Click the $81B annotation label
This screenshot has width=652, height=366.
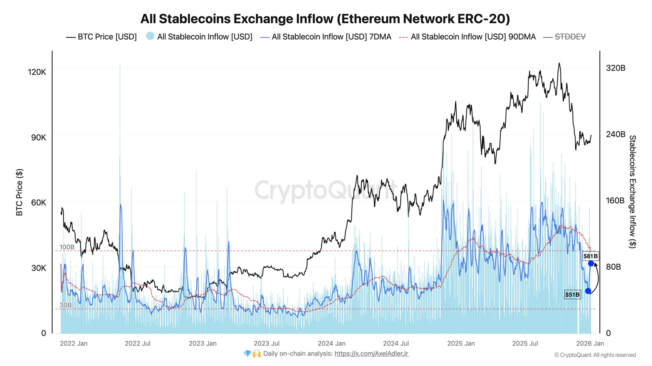tap(590, 256)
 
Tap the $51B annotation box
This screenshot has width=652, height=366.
tap(573, 295)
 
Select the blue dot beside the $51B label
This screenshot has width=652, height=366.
tap(588, 291)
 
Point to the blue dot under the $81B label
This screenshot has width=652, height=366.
tap(591, 264)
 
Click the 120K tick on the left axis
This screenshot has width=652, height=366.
tap(37, 72)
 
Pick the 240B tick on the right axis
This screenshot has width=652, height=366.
tap(616, 134)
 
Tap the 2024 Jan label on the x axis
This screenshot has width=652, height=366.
tap(332, 343)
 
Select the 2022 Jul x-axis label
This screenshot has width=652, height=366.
tap(138, 343)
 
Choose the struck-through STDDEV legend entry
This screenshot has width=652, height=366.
tap(570, 37)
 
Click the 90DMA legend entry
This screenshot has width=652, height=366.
tap(473, 37)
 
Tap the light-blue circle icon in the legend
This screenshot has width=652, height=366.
tap(150, 36)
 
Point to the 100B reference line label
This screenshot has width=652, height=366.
tap(67, 247)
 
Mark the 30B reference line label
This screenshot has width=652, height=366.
tap(65, 305)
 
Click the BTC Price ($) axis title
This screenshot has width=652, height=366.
tap(19, 192)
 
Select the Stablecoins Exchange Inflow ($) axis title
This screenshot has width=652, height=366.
tap(632, 192)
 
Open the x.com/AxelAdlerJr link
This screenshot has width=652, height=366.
tap(371, 354)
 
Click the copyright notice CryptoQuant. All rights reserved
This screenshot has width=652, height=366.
tap(595, 355)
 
